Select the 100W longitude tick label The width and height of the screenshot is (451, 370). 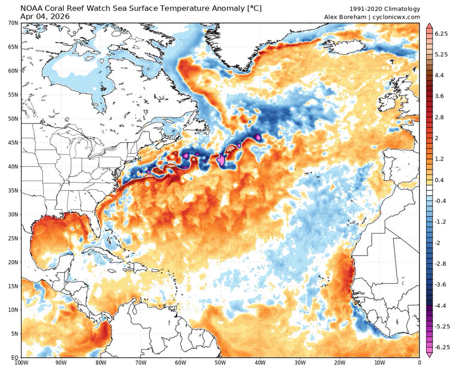pyautogui.click(x=21, y=363)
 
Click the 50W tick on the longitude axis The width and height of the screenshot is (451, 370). pyautogui.click(x=220, y=363)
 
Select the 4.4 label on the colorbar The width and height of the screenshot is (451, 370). pyautogui.click(x=439, y=75)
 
